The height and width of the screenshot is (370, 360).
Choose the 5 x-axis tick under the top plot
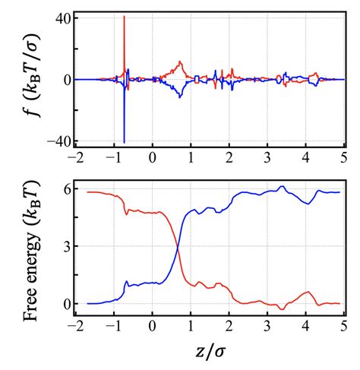344,157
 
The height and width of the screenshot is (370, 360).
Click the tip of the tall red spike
124,16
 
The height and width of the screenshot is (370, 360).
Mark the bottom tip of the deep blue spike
124,142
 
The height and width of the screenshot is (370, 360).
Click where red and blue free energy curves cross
178,247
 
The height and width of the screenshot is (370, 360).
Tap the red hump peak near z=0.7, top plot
180,62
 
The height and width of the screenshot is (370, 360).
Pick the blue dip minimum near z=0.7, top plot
179,96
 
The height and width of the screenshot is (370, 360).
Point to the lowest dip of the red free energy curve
281,309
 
